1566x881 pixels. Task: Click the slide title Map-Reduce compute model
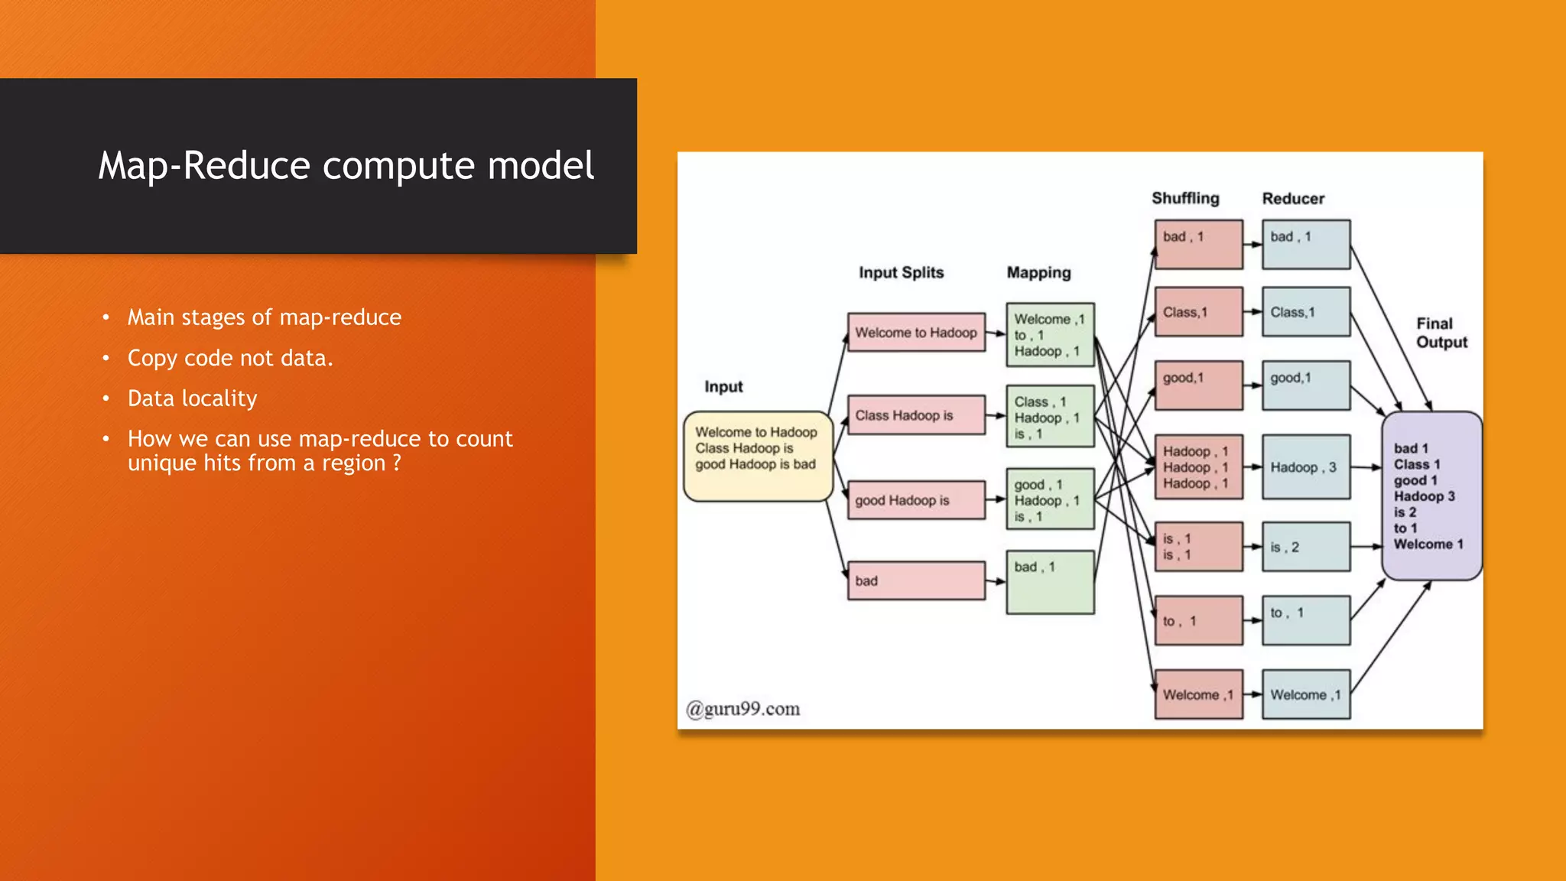(x=346, y=165)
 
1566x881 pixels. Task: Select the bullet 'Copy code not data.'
(x=230, y=358)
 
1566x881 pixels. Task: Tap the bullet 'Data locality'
(x=192, y=398)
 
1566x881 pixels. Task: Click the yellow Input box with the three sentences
(x=757, y=456)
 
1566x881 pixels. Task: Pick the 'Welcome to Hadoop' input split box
(x=916, y=333)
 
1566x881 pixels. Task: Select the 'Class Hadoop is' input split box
(x=916, y=415)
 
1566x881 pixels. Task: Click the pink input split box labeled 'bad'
(x=916, y=581)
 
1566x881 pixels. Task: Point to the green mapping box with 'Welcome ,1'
(x=1050, y=335)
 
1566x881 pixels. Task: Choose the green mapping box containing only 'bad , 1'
(x=1050, y=583)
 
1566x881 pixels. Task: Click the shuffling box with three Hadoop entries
(x=1198, y=467)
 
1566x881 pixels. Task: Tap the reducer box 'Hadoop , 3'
(x=1305, y=467)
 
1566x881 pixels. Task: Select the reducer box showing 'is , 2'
(x=1305, y=547)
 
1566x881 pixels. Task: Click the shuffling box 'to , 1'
(x=1198, y=621)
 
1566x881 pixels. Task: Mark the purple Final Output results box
(x=1431, y=496)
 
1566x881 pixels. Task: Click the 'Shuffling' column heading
(x=1185, y=198)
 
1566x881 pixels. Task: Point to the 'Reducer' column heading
(x=1293, y=199)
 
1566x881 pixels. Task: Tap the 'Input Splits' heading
(x=901, y=273)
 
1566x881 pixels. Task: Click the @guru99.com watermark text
(x=743, y=709)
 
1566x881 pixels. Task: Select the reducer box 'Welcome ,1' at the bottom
(x=1305, y=694)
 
